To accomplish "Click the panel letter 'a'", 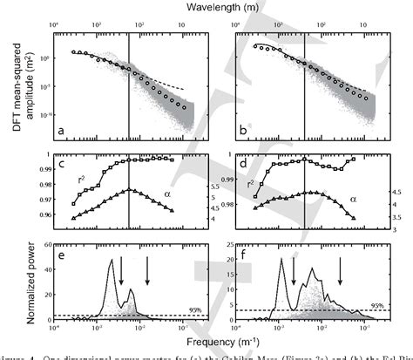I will (x=62, y=132).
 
